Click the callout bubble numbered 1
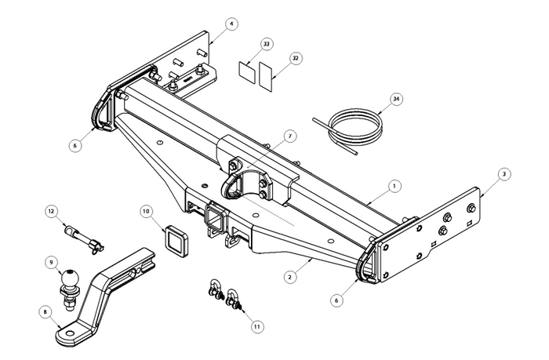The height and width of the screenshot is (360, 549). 395,186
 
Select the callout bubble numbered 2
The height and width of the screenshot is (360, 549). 289,276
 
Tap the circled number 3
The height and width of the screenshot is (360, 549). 504,173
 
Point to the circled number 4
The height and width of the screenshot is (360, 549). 232,24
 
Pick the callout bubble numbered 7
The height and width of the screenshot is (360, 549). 289,136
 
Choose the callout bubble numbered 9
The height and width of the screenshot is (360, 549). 52,262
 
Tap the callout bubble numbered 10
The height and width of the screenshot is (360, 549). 146,211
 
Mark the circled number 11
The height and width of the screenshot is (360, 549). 257,325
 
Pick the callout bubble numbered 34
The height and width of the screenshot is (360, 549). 397,99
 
